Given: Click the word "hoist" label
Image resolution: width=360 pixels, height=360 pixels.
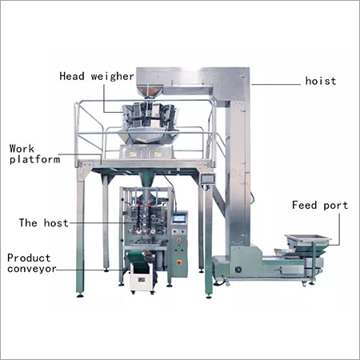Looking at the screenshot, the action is [321, 81].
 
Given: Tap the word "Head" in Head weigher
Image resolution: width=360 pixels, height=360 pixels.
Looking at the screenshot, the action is [72, 76].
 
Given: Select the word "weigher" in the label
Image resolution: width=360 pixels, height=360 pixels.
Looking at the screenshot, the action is [112, 77].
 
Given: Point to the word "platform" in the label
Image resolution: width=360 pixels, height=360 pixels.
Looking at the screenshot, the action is [34, 160].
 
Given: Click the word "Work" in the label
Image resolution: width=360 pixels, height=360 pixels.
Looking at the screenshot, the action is [22, 149].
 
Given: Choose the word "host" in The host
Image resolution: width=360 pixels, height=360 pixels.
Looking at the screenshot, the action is [56, 222].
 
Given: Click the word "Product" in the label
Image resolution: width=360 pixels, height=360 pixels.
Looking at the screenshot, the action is [29, 258].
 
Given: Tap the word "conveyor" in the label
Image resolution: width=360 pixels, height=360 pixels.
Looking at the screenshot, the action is [32, 269].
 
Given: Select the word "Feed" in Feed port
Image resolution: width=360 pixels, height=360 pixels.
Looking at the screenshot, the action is [304, 205].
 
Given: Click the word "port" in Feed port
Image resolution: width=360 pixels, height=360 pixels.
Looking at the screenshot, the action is [336, 206].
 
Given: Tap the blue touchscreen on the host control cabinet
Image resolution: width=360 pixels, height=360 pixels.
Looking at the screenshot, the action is [178, 218].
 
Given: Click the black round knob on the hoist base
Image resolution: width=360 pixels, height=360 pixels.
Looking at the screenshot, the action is [238, 270].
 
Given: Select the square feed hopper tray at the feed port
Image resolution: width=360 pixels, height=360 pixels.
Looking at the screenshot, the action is [308, 239].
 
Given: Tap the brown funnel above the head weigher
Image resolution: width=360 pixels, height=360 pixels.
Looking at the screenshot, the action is [152, 91].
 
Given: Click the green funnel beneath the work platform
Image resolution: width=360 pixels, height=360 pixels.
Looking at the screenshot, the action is [146, 179].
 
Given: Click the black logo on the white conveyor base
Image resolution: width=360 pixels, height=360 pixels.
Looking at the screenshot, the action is [142, 279].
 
